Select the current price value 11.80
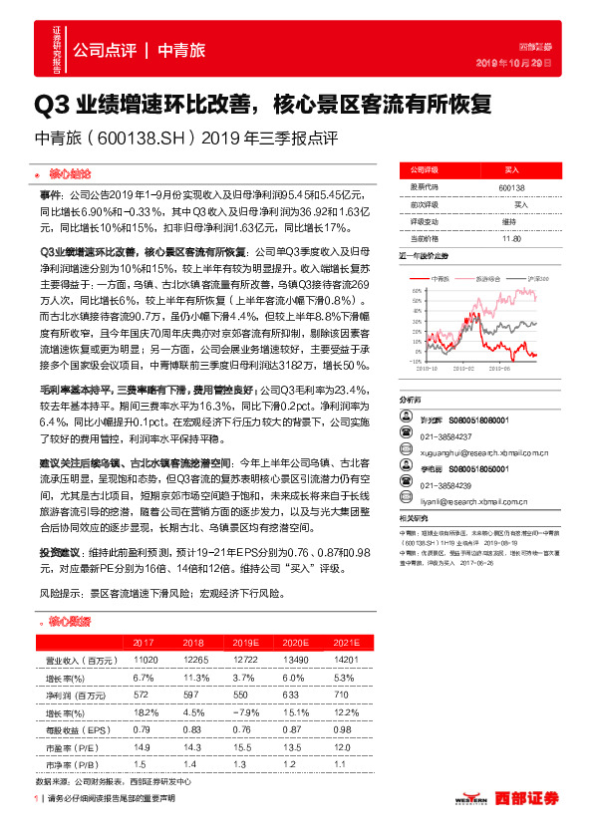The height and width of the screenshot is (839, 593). (x=511, y=238)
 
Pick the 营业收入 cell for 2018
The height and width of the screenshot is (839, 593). (x=195, y=660)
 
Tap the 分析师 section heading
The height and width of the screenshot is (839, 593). (x=411, y=399)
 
